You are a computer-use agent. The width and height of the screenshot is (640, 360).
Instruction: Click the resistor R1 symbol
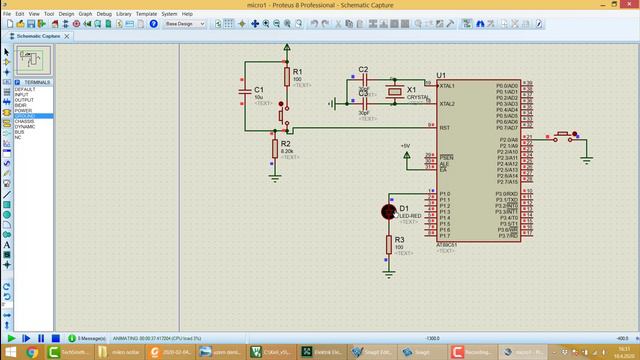pyautogui.click(x=287, y=76)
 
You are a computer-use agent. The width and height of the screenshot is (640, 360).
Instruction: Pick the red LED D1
pyautogui.click(x=390, y=210)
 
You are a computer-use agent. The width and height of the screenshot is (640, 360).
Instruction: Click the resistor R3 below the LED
pyautogui.click(x=390, y=243)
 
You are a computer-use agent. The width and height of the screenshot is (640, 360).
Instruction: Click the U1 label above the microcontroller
pyautogui.click(x=441, y=75)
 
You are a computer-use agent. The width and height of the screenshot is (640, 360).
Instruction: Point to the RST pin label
pyautogui.click(x=443, y=127)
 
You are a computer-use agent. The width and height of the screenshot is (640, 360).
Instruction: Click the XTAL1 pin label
pyautogui.click(x=446, y=85)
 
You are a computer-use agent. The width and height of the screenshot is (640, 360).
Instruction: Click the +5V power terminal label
pyautogui.click(x=405, y=146)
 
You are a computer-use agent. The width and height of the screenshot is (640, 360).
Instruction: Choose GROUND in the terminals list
pyautogui.click(x=25, y=115)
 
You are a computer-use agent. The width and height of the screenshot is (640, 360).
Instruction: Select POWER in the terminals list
pyautogui.click(x=23, y=110)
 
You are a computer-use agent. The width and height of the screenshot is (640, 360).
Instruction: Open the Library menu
pyautogui.click(x=123, y=14)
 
